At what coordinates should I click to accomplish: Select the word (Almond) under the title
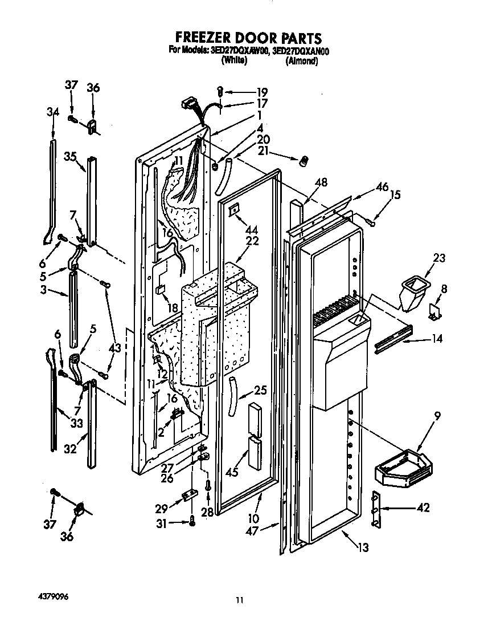pyautogui.click(x=301, y=61)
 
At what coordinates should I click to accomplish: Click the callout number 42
pyautogui.click(x=423, y=508)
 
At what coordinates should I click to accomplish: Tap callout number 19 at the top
pyautogui.click(x=261, y=92)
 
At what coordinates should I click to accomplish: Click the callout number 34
pyautogui.click(x=52, y=112)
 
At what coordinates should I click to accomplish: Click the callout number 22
pyautogui.click(x=252, y=241)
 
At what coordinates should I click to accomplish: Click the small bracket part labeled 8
pyautogui.click(x=436, y=310)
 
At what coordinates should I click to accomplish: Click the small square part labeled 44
pyautogui.click(x=233, y=212)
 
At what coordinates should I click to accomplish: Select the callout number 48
pyautogui.click(x=321, y=184)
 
